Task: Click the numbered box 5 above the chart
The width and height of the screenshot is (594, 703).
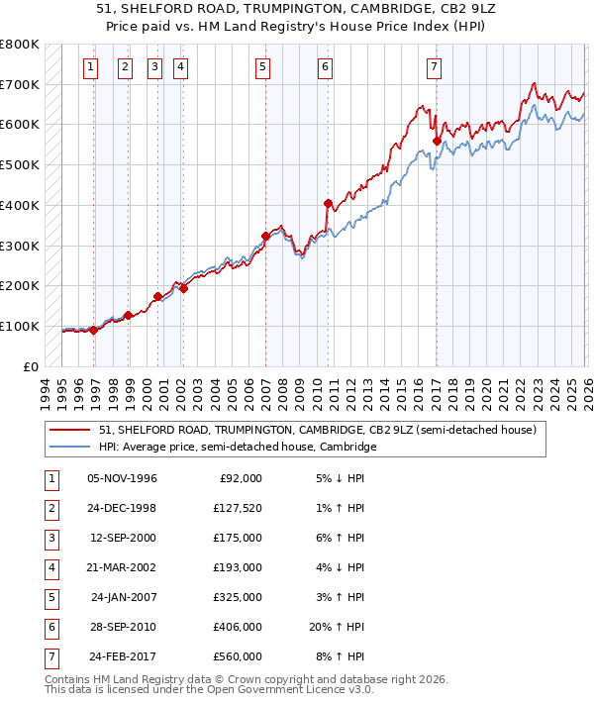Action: [x=262, y=67]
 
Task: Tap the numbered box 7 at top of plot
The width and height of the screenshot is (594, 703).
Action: [x=435, y=67]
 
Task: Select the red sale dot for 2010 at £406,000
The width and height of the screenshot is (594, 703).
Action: [x=328, y=203]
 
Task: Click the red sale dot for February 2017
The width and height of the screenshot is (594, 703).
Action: [x=436, y=141]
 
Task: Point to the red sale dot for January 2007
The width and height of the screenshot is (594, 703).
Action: [x=265, y=236]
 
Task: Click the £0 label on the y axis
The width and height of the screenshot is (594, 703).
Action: [x=32, y=366]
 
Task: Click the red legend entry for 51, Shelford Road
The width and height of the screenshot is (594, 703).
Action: [x=317, y=430]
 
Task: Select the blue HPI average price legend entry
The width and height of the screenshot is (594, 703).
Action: [x=238, y=448]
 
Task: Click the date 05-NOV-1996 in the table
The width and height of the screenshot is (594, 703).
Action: [x=122, y=478]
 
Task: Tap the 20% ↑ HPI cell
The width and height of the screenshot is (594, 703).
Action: [x=334, y=626]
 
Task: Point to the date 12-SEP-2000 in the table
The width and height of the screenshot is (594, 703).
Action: [x=122, y=538]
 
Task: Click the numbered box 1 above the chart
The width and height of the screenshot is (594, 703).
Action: [x=90, y=67]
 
